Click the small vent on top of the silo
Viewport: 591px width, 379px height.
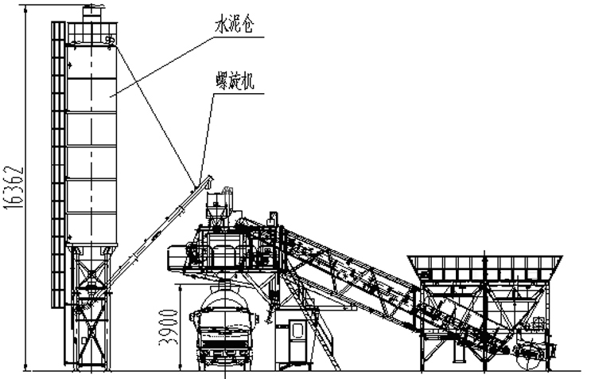(93, 10)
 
